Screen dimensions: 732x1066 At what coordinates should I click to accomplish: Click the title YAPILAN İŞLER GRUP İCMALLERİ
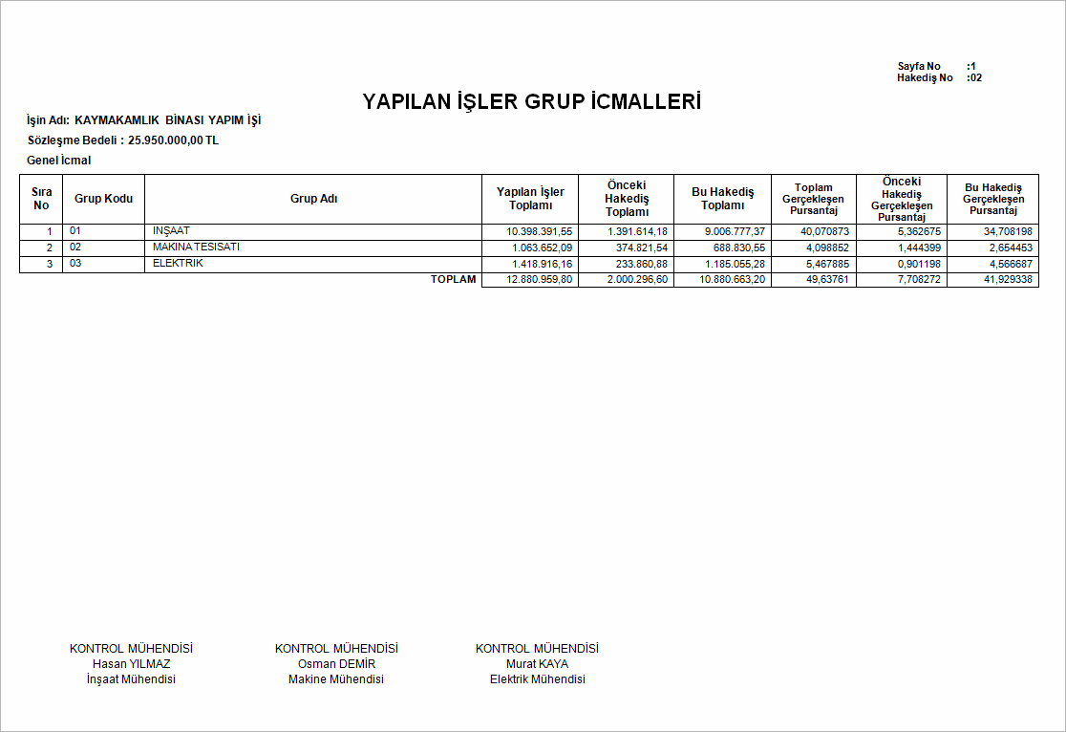click(532, 101)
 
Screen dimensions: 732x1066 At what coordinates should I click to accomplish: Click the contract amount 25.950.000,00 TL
click(173, 140)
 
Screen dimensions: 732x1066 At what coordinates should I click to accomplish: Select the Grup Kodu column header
click(103, 199)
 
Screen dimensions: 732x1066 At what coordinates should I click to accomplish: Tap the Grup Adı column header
click(313, 199)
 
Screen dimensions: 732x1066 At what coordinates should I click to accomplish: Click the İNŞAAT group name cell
click(172, 231)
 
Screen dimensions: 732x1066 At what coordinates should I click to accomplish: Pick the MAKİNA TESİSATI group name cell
click(196, 248)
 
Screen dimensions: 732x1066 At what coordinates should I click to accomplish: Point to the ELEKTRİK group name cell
click(178, 264)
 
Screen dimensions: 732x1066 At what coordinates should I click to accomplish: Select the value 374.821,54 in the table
click(636, 248)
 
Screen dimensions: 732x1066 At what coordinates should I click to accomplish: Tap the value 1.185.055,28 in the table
click(732, 265)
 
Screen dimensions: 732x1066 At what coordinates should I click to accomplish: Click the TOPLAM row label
click(453, 280)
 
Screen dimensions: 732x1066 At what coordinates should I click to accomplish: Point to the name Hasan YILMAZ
click(132, 664)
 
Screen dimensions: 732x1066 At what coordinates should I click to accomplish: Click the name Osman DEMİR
click(336, 664)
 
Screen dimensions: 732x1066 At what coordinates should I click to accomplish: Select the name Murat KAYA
click(537, 664)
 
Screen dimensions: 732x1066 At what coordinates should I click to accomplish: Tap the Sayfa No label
click(919, 66)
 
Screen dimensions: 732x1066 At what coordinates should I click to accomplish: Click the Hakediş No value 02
click(975, 77)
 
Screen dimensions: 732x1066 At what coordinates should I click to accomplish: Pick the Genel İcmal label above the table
click(59, 161)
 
